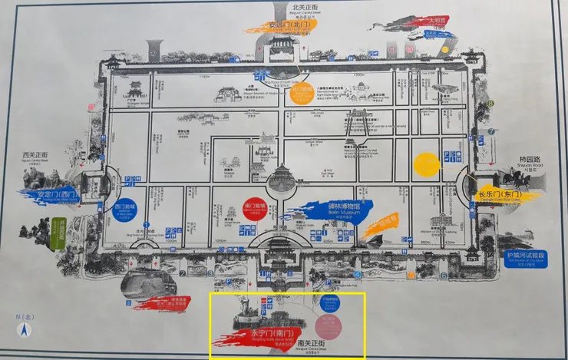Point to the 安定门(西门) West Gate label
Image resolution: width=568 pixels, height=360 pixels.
[x=57, y=195]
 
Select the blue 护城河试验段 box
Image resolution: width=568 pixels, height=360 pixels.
[x=526, y=258]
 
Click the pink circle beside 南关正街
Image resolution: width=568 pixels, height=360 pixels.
[x=329, y=326]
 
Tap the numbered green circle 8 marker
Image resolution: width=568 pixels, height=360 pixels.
[x=489, y=104]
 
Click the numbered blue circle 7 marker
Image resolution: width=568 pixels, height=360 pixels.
[x=490, y=131]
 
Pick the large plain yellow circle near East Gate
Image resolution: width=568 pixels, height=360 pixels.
[x=427, y=165]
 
